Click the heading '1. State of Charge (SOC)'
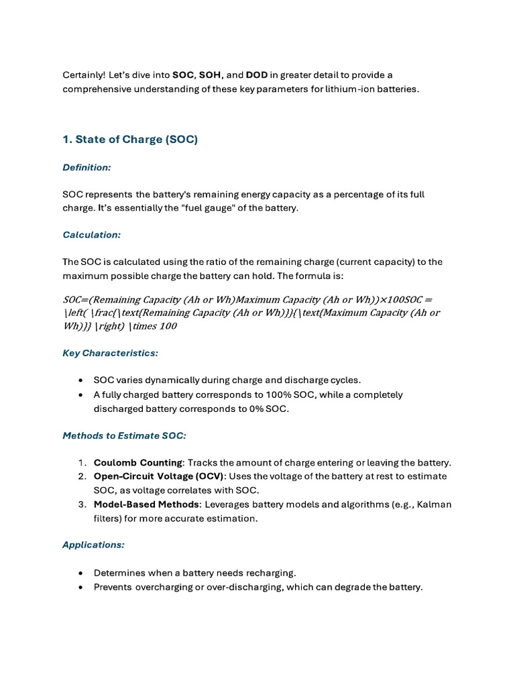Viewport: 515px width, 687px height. [x=130, y=140]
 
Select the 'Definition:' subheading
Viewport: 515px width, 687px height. [x=87, y=167]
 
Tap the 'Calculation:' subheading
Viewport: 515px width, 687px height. [x=93, y=235]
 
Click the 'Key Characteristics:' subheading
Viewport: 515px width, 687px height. [x=110, y=353]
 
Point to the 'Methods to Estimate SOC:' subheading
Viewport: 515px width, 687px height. [x=124, y=435]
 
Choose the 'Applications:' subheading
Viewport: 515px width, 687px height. [x=93, y=545]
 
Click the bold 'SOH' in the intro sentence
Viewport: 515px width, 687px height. [x=211, y=74]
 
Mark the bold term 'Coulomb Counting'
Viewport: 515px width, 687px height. [x=137, y=463]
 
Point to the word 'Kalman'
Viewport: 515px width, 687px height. [x=435, y=505]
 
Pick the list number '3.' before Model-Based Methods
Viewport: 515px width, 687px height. [x=82, y=505]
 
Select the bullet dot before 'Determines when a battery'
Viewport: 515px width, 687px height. [x=80, y=573]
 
